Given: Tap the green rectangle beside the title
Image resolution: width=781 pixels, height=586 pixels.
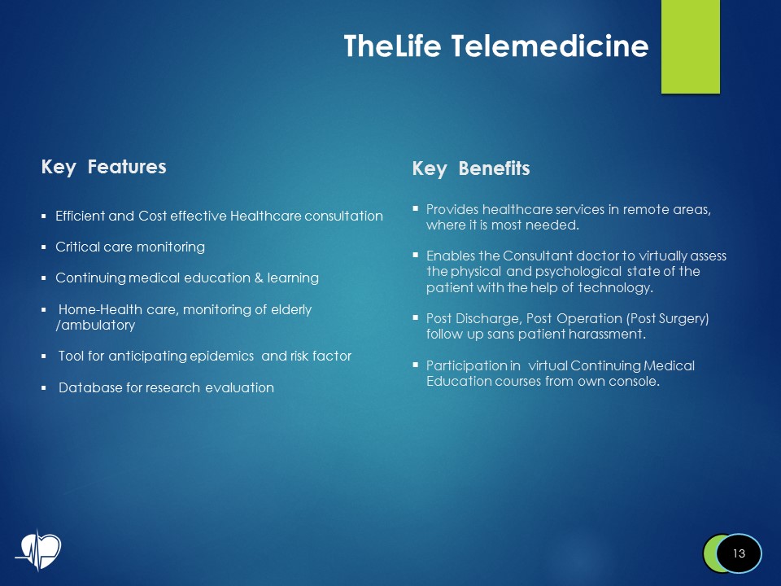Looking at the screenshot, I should click(x=690, y=46).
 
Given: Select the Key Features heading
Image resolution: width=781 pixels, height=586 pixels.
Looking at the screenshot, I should click(x=103, y=167).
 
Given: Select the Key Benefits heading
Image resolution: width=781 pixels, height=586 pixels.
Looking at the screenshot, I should click(x=470, y=168).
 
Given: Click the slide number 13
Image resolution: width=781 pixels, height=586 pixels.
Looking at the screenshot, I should click(x=739, y=553).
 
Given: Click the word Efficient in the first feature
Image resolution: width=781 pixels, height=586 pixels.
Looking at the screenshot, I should click(x=80, y=216).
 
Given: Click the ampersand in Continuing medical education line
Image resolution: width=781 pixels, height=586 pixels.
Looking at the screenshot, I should click(x=258, y=278).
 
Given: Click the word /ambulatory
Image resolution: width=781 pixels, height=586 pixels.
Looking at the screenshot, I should click(x=94, y=326).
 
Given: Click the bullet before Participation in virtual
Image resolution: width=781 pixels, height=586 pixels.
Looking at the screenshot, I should click(x=416, y=365).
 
